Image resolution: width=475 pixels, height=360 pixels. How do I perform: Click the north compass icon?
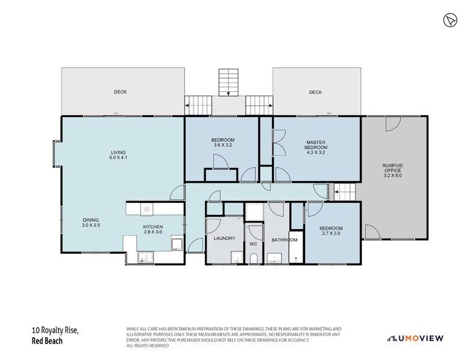[x=450, y=20]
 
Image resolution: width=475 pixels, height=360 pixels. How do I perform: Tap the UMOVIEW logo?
[x=416, y=338]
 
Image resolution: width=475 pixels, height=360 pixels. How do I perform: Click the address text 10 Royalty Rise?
[x=55, y=330]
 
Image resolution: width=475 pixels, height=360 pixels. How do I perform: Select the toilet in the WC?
[x=253, y=258]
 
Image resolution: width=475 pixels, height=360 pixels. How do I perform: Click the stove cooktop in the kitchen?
[x=147, y=209]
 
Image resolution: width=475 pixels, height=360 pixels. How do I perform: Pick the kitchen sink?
[x=146, y=257]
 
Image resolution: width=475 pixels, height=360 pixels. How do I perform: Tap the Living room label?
[x=118, y=155]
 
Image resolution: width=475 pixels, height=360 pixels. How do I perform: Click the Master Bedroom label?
[x=316, y=147]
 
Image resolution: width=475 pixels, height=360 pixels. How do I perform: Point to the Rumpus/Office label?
[x=393, y=170]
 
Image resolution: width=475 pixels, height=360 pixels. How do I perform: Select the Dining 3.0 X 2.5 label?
[x=91, y=223]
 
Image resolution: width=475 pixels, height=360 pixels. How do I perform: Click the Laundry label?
[x=225, y=238]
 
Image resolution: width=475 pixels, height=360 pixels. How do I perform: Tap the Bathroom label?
[x=285, y=240]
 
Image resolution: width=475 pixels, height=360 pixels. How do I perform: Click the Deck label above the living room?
[x=120, y=92]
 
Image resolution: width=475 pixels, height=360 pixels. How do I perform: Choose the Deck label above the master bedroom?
[x=315, y=92]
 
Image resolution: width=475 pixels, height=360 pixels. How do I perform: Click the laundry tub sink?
[x=237, y=257]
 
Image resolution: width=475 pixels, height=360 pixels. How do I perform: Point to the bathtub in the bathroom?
[x=296, y=247]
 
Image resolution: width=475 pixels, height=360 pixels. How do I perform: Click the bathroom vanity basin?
[x=274, y=258]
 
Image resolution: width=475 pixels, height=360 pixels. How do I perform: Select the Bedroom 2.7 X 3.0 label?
[x=331, y=231]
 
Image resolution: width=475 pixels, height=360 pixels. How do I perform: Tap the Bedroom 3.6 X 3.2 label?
[x=223, y=142]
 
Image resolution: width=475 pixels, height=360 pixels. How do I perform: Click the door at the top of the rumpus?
[x=393, y=124]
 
